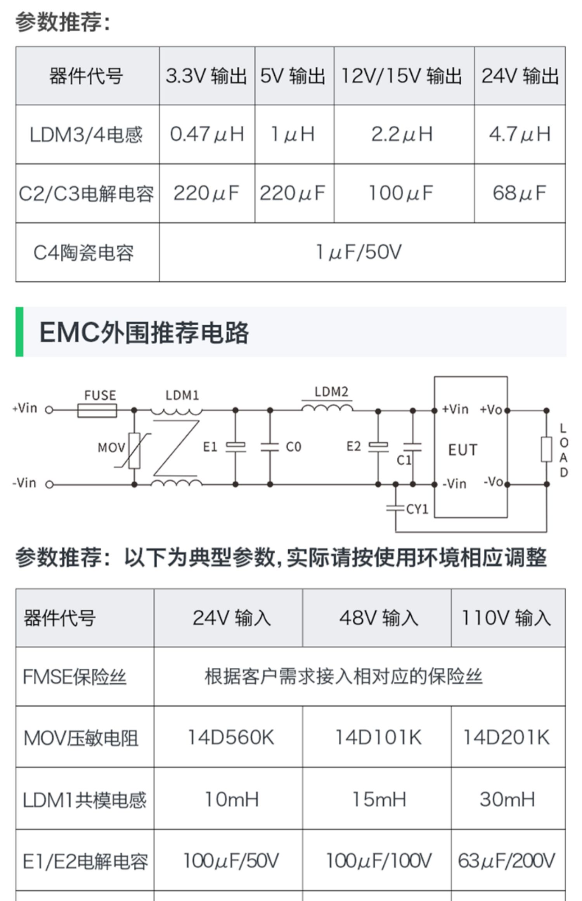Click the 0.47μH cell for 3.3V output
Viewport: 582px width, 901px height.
click(207, 134)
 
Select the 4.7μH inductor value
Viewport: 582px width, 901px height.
click(520, 134)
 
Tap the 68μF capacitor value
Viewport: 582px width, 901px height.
click(520, 193)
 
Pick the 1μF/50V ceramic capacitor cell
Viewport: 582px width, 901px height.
click(359, 252)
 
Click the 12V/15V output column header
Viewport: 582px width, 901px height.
click(402, 76)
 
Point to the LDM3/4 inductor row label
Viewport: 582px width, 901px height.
click(86, 135)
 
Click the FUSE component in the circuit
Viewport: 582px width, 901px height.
click(97, 410)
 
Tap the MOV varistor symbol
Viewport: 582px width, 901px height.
click(134, 450)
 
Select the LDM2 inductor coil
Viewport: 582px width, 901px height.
click(327, 407)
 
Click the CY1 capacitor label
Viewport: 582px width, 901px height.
click(417, 509)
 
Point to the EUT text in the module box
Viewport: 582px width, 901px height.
click(462, 450)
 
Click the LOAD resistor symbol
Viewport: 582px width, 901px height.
click(546, 449)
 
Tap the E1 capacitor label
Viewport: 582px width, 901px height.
click(210, 447)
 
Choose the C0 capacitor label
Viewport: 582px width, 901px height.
click(293, 447)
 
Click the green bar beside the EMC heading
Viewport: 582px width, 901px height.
click(19, 332)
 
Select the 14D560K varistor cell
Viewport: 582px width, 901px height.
click(231, 737)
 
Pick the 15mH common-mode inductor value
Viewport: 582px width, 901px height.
click(379, 799)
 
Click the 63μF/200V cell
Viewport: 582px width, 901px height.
click(506, 861)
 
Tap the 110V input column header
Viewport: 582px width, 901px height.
click(506, 618)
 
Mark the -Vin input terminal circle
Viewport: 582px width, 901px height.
click(49, 484)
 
